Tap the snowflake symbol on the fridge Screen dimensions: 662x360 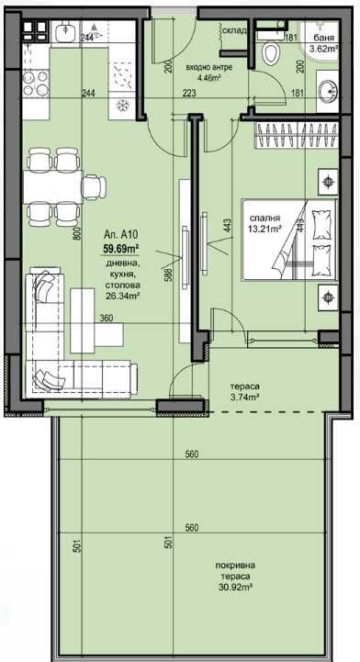[119, 104]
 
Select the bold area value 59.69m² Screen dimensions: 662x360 [121, 248]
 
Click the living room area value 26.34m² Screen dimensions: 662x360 [121, 296]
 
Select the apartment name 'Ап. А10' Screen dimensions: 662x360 [120, 234]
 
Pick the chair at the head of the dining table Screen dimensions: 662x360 [94, 186]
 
